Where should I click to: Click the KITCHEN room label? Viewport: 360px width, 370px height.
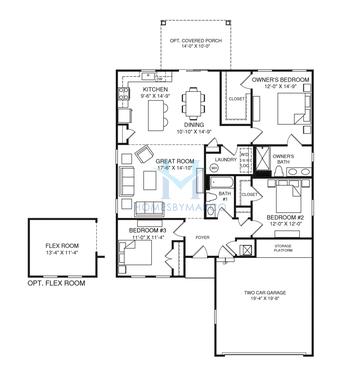[156, 89]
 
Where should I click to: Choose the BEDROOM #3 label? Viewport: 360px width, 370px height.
[147, 231]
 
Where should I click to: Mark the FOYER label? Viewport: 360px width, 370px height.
[202, 237]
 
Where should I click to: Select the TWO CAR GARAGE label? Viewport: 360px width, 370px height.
[265, 293]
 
